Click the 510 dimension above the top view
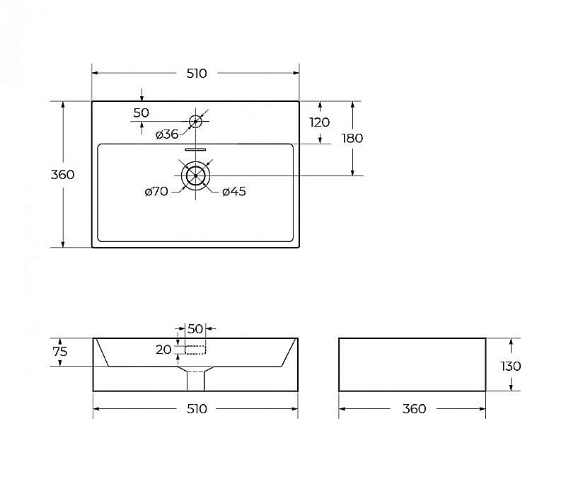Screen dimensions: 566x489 tap(197, 74)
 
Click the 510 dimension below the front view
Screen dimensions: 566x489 tap(197, 409)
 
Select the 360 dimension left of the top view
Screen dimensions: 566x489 tap(62, 174)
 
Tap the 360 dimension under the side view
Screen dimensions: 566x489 tap(414, 409)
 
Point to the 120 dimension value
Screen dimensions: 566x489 tap(320, 122)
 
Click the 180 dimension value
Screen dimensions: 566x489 tap(352, 138)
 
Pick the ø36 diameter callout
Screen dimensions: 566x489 tap(167, 134)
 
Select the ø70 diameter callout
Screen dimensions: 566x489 tap(156, 191)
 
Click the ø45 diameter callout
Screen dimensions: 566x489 tap(234, 191)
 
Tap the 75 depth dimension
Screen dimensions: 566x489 tap(60, 352)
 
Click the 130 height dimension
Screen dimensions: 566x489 tap(511, 366)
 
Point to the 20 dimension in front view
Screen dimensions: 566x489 tap(163, 350)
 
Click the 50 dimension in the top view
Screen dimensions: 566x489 tap(141, 113)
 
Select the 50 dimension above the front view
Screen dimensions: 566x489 tap(195, 328)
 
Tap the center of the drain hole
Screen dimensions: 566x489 tap(196, 176)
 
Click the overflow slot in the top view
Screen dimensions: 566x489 tap(195, 149)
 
